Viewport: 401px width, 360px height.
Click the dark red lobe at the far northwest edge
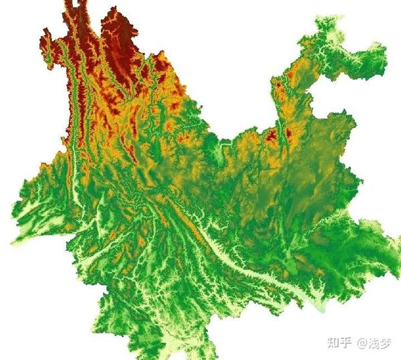coord(47,43)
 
